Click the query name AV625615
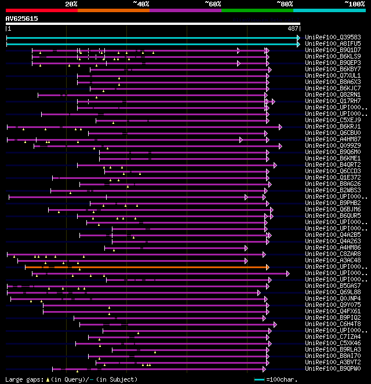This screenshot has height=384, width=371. coord(22,19)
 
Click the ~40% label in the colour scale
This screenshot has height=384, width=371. coord(141,3)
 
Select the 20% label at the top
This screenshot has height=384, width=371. coord(71,3)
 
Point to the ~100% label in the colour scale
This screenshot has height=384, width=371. coord(354,3)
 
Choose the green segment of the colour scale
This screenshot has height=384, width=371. coord(257,10)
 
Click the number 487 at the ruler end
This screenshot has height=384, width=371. coord(293,28)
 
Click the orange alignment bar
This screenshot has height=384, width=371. coord(145,267)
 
